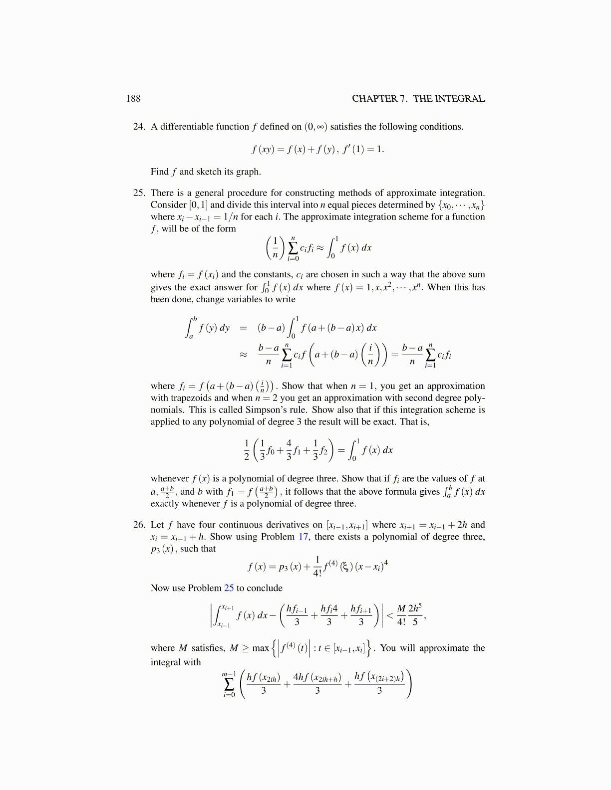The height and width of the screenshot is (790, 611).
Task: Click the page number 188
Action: point(133,99)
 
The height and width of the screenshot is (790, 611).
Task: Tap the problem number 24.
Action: point(139,127)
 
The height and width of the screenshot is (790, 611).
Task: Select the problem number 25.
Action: point(139,193)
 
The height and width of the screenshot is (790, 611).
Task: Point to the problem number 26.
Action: point(139,525)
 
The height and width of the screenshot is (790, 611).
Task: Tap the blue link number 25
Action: point(229,588)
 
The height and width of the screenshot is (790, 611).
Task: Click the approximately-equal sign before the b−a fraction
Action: point(243,355)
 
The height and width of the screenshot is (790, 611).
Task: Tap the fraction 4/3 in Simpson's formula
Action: point(289,450)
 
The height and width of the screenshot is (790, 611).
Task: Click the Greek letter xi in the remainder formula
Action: point(344,567)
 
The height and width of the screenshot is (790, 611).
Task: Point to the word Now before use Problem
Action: point(160,588)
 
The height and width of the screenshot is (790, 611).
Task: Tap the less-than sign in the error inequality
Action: point(390,615)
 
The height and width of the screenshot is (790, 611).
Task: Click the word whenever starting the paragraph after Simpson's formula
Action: point(170,479)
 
